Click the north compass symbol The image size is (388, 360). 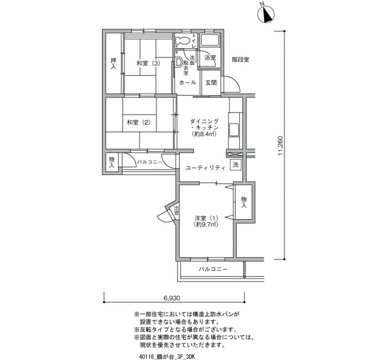pyautogui.click(x=266, y=14)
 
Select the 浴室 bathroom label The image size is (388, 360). pyautogui.click(x=210, y=58)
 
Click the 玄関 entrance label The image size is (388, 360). pyautogui.click(x=211, y=83)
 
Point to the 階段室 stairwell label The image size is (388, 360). pyautogui.click(x=241, y=60)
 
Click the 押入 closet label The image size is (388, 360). pyautogui.click(x=113, y=63)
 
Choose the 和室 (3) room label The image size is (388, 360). pyautogui.click(x=148, y=63)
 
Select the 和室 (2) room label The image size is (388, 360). pyautogui.click(x=139, y=122)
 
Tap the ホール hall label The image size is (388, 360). pyautogui.click(x=187, y=83)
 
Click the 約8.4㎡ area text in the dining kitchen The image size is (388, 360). pyautogui.click(x=205, y=134)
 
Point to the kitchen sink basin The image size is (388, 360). pyautogui.click(x=234, y=129)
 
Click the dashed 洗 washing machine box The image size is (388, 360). pyautogui.click(x=236, y=164)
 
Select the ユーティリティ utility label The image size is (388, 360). pyautogui.click(x=206, y=168)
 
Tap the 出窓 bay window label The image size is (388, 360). pyautogui.click(x=176, y=210)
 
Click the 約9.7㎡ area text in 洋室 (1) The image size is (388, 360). pyautogui.click(x=206, y=224)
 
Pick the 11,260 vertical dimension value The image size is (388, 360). pyautogui.click(x=280, y=146)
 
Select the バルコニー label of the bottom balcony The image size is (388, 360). pyautogui.click(x=213, y=269)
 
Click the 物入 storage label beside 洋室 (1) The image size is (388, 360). pyautogui.click(x=244, y=202)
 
